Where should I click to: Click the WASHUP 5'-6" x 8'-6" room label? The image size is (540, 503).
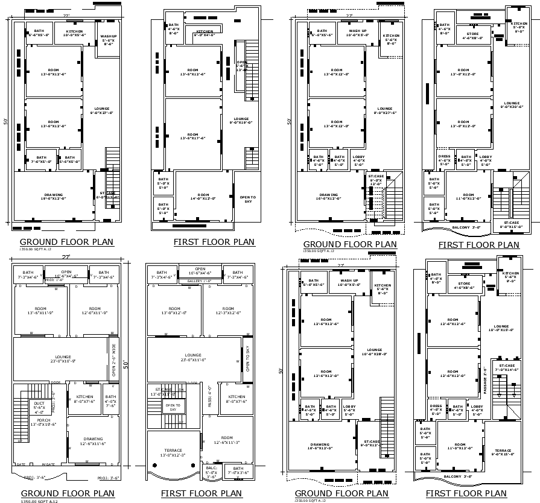tap(109, 40)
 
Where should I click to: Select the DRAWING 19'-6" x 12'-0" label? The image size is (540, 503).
tap(54, 197)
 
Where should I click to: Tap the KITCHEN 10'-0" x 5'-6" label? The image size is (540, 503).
tap(74, 33)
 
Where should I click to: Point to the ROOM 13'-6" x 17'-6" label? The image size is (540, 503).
tap(192, 136)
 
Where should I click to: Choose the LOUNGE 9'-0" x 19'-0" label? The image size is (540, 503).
tap(241, 121)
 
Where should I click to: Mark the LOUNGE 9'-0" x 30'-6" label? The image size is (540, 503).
tap(512, 105)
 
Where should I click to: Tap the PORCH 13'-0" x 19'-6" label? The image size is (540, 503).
tap(39, 423)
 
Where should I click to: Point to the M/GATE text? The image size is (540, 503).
tap(48, 464)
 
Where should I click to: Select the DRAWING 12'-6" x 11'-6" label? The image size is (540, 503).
tap(93, 441)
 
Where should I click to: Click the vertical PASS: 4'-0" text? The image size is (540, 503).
tap(209, 397)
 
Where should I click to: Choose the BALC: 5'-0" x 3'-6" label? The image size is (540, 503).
tap(211, 470)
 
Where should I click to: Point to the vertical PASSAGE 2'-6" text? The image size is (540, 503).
tap(486, 379)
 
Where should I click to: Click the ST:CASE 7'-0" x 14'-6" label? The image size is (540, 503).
tap(506, 367)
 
